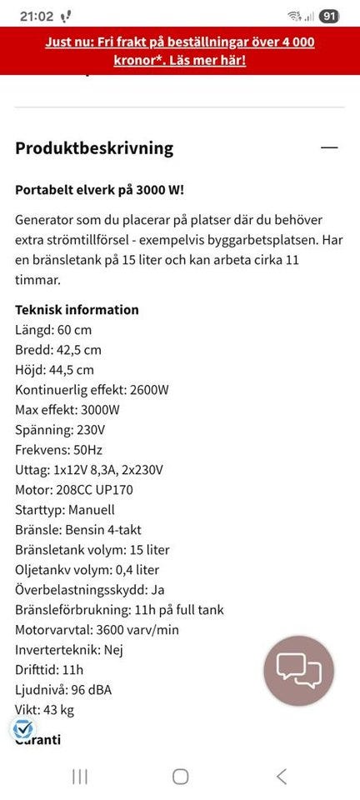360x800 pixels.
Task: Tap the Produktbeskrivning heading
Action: [94, 148]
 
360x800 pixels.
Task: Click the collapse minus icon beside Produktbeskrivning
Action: [330, 147]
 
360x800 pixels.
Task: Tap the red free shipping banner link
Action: [180, 51]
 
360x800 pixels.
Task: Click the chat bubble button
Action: [298, 671]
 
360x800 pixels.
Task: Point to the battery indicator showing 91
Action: [329, 16]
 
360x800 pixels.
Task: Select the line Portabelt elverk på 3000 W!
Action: [100, 189]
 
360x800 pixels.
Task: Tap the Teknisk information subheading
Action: [77, 310]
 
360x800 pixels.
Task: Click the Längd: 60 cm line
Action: [53, 330]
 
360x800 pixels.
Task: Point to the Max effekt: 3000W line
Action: [67, 410]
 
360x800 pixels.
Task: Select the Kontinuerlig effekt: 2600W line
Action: [92, 390]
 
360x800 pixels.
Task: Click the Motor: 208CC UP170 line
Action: [74, 490]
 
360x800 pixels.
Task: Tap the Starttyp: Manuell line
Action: [65, 510]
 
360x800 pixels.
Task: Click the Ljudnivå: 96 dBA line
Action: [64, 690]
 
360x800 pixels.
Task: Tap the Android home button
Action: [180, 777]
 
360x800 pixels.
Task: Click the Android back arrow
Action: [281, 777]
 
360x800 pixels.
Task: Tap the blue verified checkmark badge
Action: [22, 730]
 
